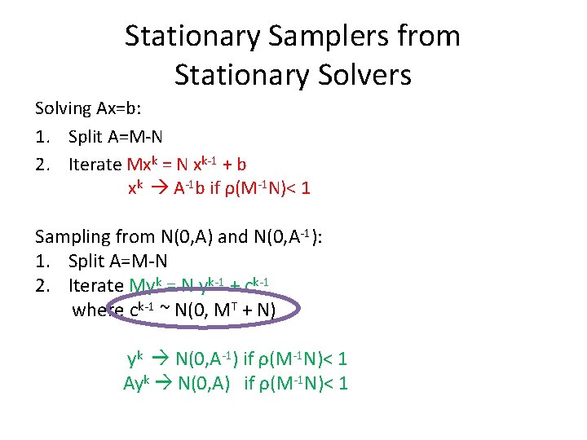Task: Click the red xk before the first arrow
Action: (136, 189)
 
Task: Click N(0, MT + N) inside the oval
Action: (226, 310)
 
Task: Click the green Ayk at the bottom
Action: (137, 383)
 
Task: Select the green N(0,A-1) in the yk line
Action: (206, 359)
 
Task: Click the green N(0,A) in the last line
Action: (201, 383)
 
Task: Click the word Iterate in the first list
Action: (95, 165)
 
